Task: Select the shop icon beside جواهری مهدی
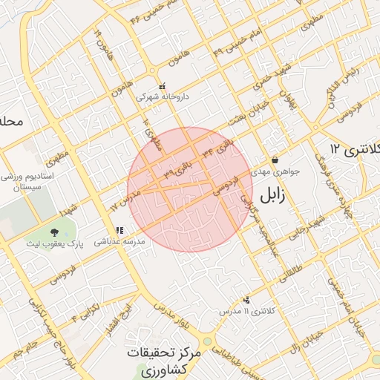click(275, 160)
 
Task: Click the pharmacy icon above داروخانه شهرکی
click(163, 85)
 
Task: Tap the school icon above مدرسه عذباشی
click(119, 231)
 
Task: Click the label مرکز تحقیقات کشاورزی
click(163, 361)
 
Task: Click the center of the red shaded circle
click(190, 189)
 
